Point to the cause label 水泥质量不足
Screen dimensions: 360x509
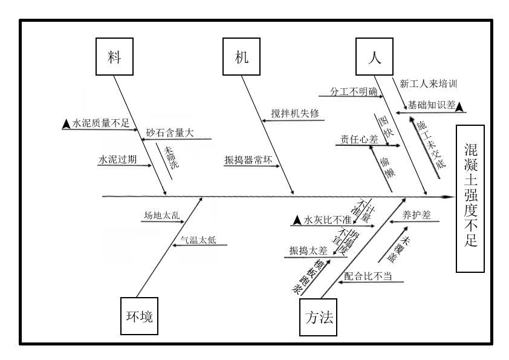pos(101,123)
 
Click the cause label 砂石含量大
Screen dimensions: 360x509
pos(169,134)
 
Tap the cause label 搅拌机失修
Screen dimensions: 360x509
pos(294,114)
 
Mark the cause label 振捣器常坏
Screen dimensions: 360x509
pos(248,160)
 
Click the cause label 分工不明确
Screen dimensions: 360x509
pos(352,92)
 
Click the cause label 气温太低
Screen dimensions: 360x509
pos(199,240)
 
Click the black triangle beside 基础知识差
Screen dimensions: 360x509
pos(460,107)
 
